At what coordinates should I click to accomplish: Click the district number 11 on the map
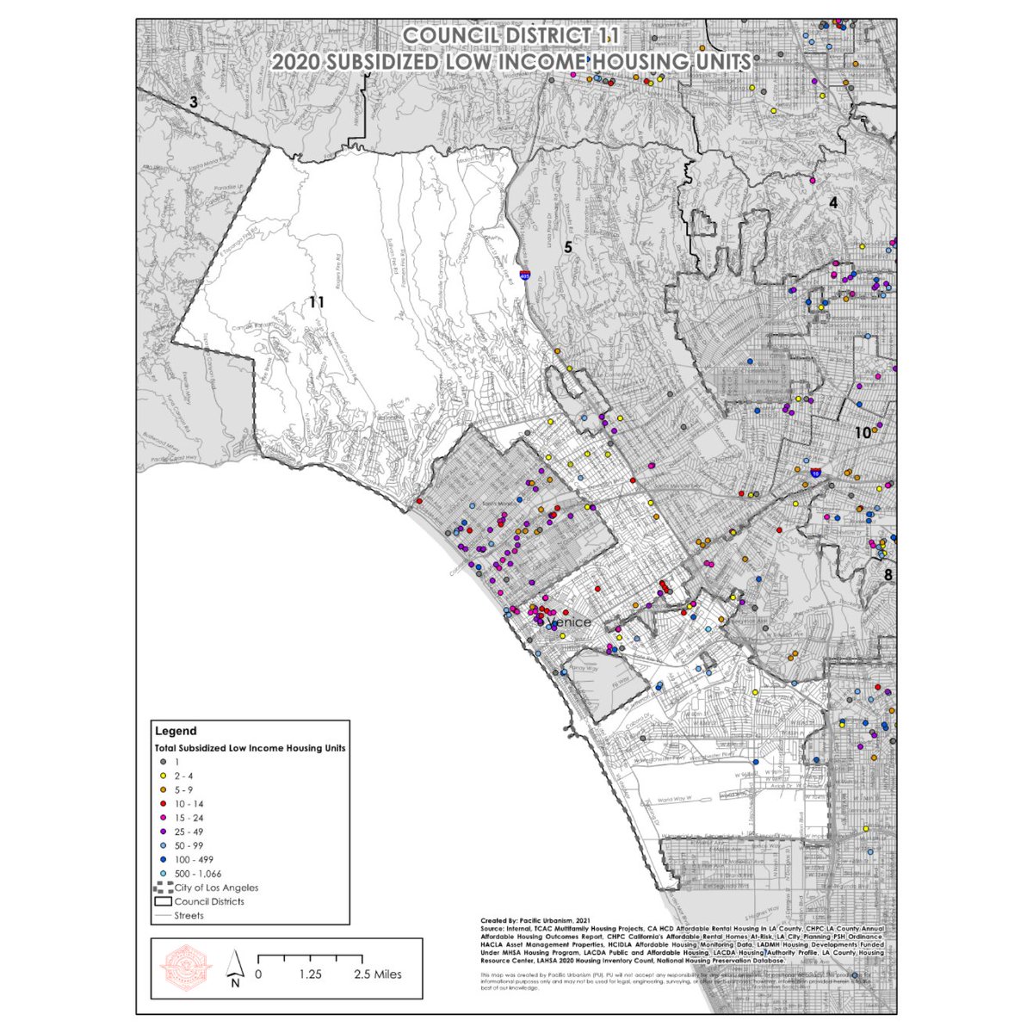tap(317, 302)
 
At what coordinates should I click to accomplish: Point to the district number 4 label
tap(832, 203)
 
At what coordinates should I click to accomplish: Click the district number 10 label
tap(863, 434)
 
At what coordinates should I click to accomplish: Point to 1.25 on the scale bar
tap(311, 974)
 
